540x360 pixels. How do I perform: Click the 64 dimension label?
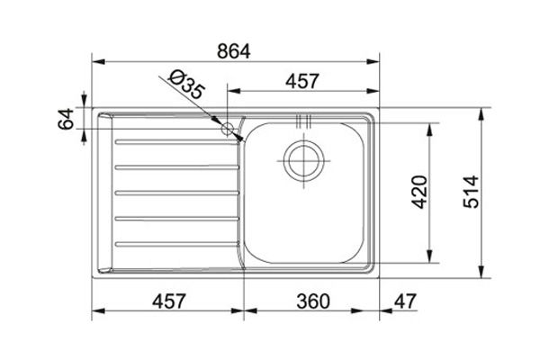[x=66, y=119]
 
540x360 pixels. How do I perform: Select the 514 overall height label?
[x=472, y=192]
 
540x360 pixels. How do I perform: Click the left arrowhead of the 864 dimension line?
[x=98, y=62]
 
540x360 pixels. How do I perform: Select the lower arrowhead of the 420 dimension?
[x=435, y=257]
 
